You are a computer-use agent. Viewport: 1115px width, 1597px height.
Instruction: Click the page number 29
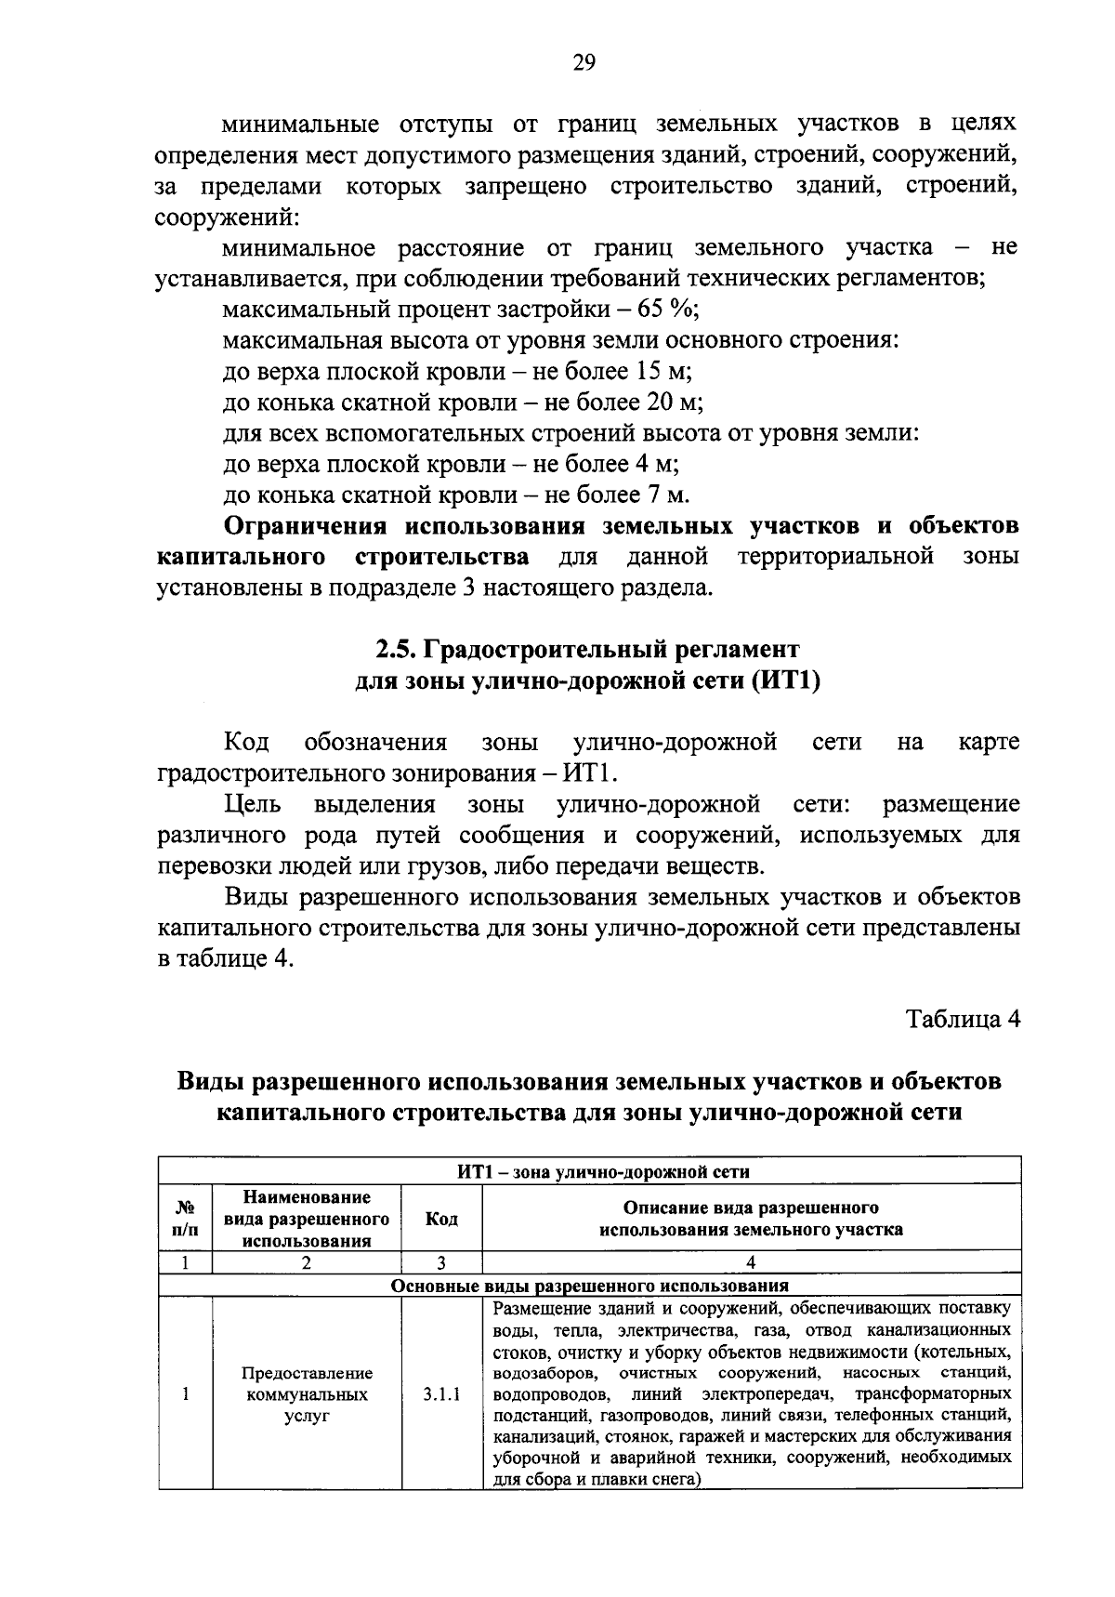[584, 62]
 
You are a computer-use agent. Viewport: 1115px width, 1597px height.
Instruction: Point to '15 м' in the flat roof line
[663, 372]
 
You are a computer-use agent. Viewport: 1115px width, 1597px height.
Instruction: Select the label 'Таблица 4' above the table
[963, 1019]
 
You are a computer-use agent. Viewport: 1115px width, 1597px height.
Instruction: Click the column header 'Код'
[441, 1219]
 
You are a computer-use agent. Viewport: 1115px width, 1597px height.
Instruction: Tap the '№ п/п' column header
[186, 1219]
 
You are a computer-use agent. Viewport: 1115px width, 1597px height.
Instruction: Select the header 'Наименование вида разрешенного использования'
[307, 1219]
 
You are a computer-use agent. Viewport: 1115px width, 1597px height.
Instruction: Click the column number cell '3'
[441, 1262]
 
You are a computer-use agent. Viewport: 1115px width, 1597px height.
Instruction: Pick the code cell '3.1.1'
[441, 1394]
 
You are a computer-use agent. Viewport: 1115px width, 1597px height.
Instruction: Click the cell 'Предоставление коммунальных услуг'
[307, 1394]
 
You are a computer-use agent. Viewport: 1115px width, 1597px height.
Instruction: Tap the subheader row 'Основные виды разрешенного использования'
[590, 1286]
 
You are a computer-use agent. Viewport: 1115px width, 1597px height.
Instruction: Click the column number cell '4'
[751, 1262]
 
